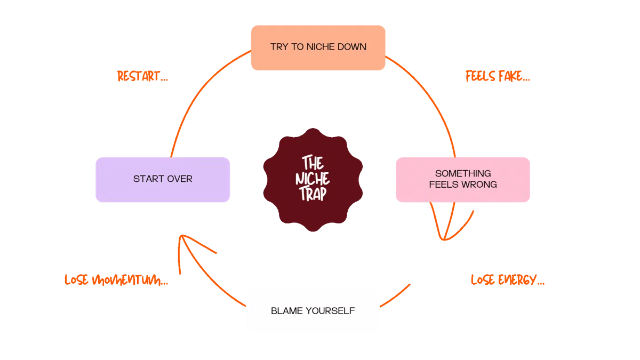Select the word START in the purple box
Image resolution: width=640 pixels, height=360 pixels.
point(147,179)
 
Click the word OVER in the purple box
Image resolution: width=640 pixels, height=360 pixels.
point(179,179)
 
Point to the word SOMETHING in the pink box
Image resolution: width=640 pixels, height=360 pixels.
point(463,173)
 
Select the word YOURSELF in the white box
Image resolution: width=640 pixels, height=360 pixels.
point(331,311)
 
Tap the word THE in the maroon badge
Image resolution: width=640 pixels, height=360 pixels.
point(313,163)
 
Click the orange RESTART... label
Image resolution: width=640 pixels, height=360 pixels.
point(142,77)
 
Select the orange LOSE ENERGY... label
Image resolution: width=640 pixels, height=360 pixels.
point(507,280)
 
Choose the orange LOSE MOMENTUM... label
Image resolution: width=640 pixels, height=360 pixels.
point(117,280)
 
